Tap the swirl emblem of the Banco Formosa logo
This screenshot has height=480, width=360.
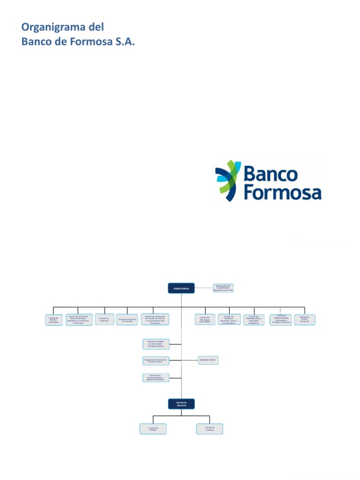(228, 181)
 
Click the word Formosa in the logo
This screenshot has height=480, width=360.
(283, 193)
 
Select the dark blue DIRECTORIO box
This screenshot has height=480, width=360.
(181, 288)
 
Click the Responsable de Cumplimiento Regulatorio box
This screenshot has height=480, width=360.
(223, 288)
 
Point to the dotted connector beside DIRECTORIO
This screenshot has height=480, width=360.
(203, 288)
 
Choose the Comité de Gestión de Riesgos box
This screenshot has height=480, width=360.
(53, 320)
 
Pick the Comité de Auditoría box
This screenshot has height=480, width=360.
(104, 319)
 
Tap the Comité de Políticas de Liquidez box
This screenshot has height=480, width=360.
(127, 320)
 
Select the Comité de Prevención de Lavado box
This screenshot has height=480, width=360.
(155, 320)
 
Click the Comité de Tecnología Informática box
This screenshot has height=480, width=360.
(205, 320)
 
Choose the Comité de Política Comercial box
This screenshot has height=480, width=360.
(305, 320)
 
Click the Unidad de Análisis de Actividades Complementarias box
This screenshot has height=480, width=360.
(156, 345)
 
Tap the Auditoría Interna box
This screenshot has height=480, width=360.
(208, 360)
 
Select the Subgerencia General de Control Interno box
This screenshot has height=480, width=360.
(156, 361)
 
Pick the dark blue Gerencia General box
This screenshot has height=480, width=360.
(181, 404)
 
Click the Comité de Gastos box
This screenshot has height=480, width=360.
(153, 429)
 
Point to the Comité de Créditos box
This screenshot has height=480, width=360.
(210, 429)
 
